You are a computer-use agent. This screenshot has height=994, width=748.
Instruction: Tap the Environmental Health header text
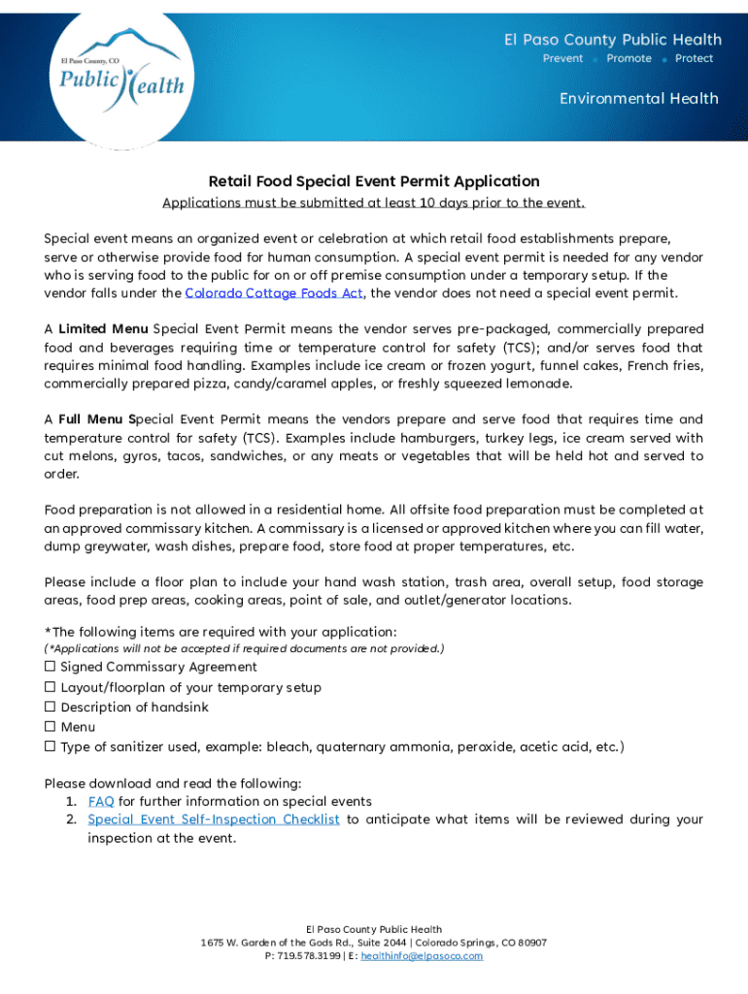(638, 98)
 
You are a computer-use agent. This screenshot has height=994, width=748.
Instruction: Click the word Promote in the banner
(629, 58)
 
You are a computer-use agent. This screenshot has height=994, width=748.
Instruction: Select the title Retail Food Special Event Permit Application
(374, 181)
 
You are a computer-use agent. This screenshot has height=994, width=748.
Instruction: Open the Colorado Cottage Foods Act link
(274, 293)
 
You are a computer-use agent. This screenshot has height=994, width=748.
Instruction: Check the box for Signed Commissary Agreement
(50, 667)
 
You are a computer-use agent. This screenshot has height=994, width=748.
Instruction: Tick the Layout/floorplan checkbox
(50, 687)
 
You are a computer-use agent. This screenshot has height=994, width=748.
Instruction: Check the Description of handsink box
(50, 707)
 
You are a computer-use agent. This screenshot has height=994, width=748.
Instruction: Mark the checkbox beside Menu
(50, 727)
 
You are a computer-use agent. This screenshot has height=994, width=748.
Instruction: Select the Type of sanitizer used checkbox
(50, 746)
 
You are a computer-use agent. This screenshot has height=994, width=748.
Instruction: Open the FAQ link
(101, 802)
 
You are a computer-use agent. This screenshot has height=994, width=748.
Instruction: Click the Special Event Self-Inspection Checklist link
(213, 819)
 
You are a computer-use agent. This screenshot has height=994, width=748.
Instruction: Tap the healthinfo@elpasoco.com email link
(422, 956)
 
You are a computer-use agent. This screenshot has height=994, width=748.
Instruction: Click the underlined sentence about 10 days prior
(374, 203)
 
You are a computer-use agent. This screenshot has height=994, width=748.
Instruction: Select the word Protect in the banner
(694, 58)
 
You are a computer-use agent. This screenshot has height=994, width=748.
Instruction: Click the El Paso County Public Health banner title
(612, 40)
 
